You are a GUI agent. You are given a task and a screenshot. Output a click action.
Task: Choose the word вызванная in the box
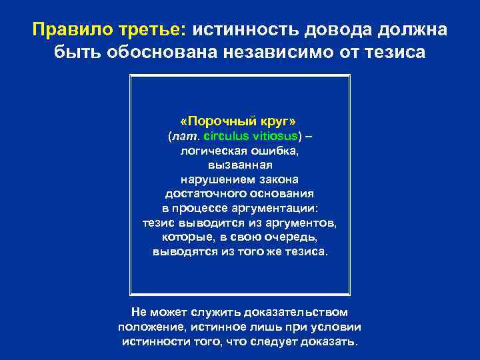(239, 165)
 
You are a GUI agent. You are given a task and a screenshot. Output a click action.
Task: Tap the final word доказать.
(329, 341)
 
